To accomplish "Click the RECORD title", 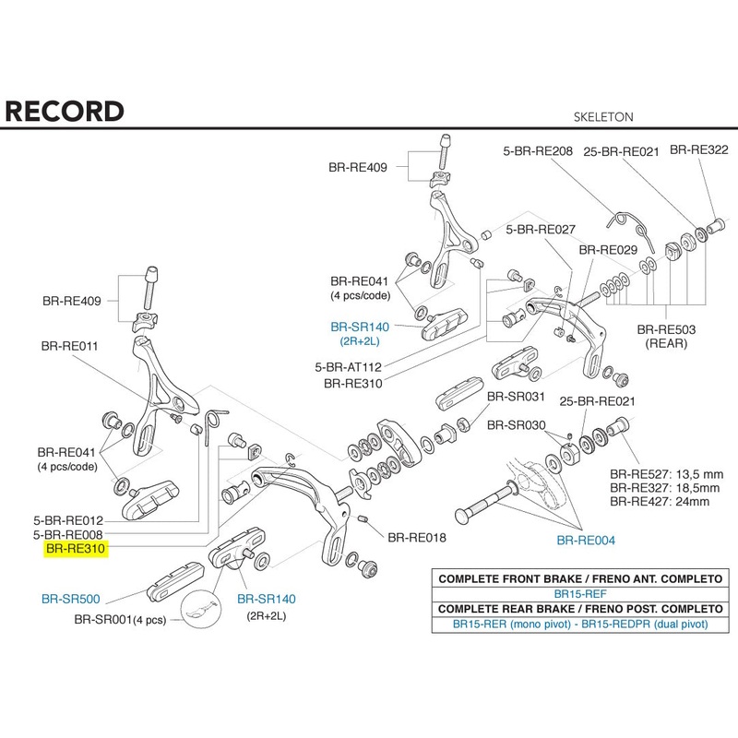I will [x=65, y=111].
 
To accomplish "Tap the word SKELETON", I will [x=604, y=117].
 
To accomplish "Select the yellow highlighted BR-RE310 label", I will [x=77, y=548].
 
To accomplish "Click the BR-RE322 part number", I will [x=698, y=149].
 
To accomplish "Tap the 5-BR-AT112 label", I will [x=350, y=366].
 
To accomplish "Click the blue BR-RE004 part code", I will [x=585, y=541].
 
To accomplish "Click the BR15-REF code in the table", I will [x=577, y=595].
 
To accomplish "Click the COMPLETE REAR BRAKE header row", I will [x=578, y=611].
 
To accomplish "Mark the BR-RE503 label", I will [x=665, y=329].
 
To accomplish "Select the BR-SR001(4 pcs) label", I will [x=121, y=619].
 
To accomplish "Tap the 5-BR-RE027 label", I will [x=541, y=230].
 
